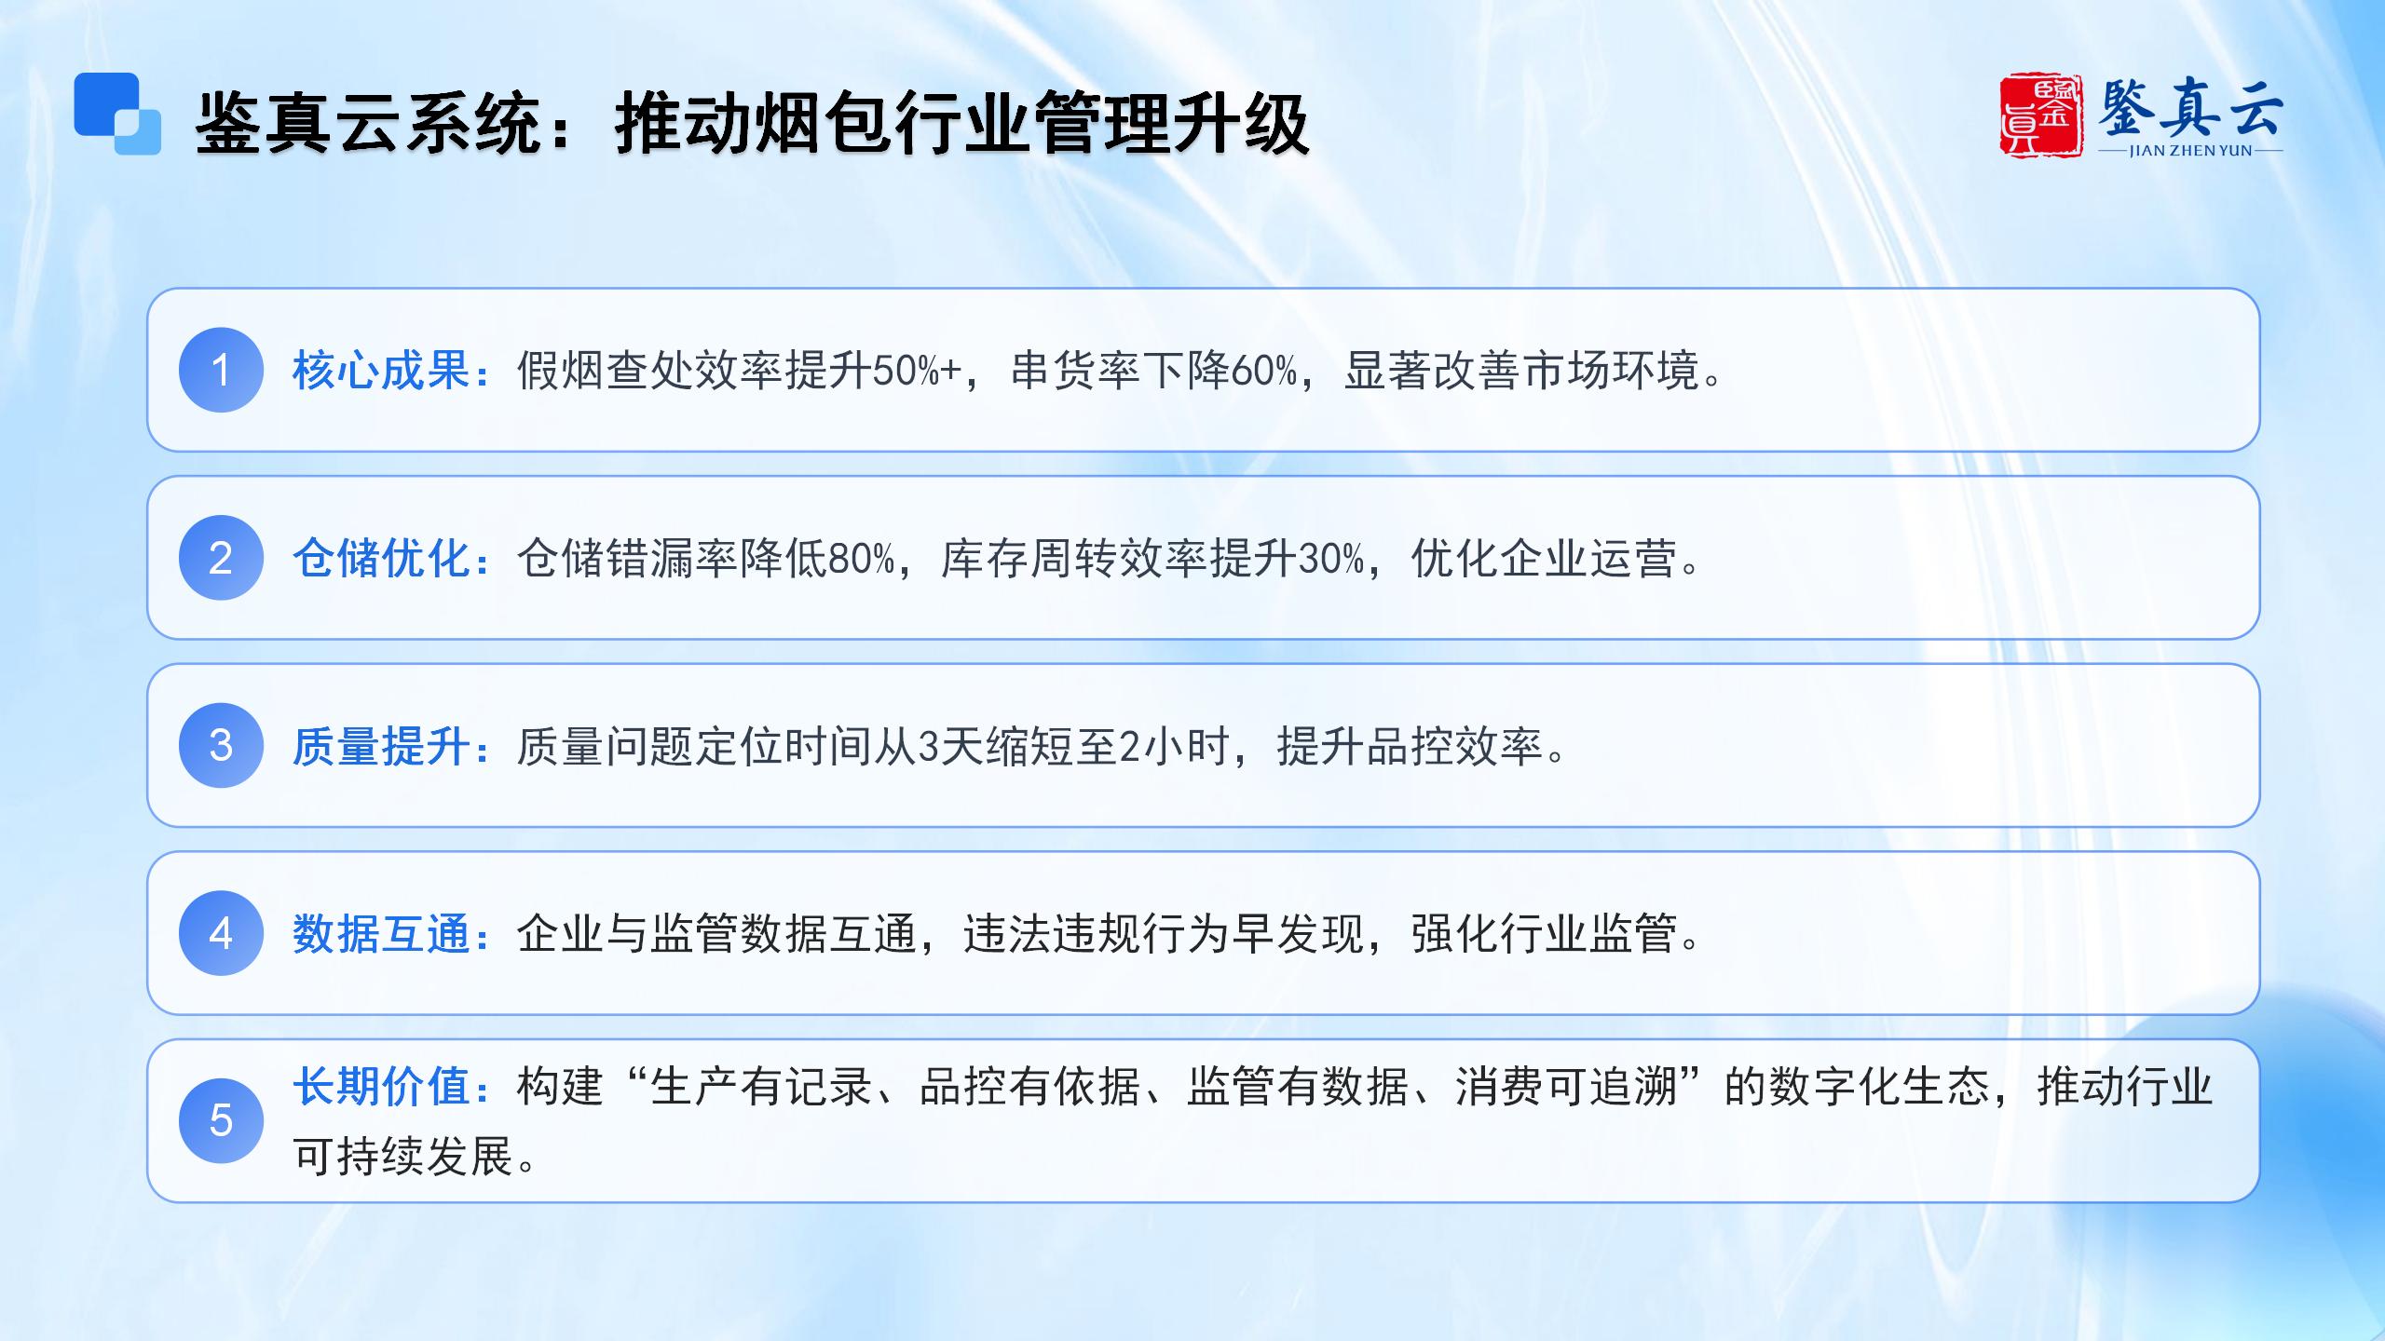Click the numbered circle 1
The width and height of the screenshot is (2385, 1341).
(x=221, y=370)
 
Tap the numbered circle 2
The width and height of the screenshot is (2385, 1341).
(x=221, y=558)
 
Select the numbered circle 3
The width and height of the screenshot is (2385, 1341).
(x=221, y=745)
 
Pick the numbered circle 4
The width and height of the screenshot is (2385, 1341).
(x=221, y=933)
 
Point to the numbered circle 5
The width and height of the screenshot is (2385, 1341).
(x=221, y=1120)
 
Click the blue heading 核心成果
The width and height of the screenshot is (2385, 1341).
(x=381, y=371)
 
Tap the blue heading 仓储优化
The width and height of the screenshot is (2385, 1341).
(x=381, y=559)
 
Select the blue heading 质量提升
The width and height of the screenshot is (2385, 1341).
(x=381, y=746)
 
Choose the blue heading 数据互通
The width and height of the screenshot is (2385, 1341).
(x=381, y=934)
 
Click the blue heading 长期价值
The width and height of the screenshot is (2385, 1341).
(x=381, y=1086)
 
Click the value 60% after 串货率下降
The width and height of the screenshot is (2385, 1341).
(x=1264, y=371)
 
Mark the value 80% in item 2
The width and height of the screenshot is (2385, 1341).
(x=862, y=559)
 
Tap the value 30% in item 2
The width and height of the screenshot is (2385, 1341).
(x=1331, y=559)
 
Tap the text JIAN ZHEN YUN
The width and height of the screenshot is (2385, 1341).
(x=2190, y=151)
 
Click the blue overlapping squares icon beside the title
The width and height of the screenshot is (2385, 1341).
(x=117, y=114)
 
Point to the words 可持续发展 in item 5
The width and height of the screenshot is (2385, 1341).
(x=403, y=1157)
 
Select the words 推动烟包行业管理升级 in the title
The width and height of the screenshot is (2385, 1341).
(x=962, y=123)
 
